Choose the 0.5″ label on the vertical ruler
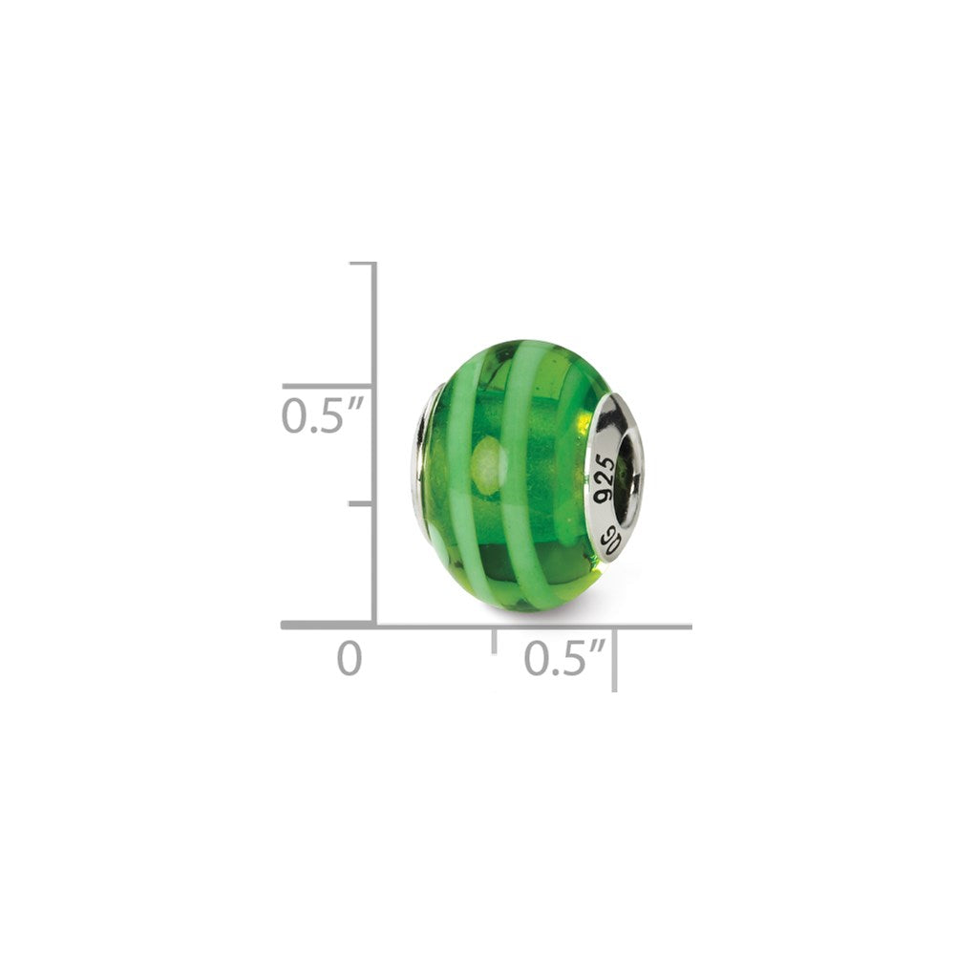tap(323, 415)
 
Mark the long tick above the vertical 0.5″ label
tap(329, 386)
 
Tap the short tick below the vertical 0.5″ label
tap(362, 503)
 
